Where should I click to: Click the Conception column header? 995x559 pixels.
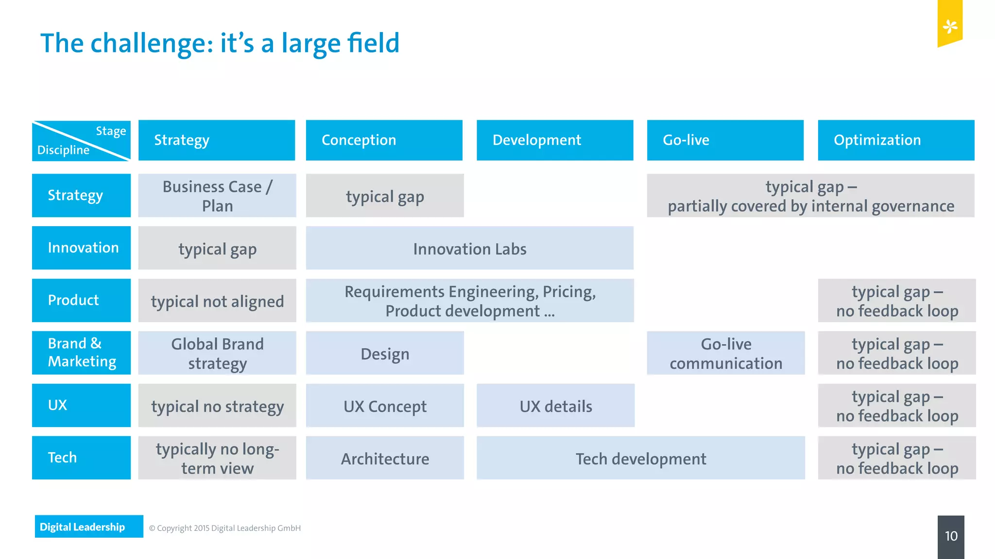point(384,140)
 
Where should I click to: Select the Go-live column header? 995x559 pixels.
point(725,140)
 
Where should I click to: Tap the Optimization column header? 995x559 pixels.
point(896,140)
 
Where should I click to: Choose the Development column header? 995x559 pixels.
point(555,140)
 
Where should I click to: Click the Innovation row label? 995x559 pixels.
point(81,248)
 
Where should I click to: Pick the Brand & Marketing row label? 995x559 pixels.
point(81,353)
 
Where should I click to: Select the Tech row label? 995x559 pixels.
point(81,458)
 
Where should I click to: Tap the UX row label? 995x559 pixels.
point(81,405)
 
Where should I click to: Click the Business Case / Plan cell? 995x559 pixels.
point(217,196)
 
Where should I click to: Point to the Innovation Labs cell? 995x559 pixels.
point(469,248)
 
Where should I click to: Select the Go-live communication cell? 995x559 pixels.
point(725,353)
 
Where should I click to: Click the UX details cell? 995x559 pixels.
point(555,406)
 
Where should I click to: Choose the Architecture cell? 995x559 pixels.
point(385,458)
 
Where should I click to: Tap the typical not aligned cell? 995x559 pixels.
point(217,301)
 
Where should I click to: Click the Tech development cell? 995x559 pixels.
point(640,458)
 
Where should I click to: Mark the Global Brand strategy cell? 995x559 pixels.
point(217,353)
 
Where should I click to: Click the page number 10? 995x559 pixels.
point(951,536)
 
